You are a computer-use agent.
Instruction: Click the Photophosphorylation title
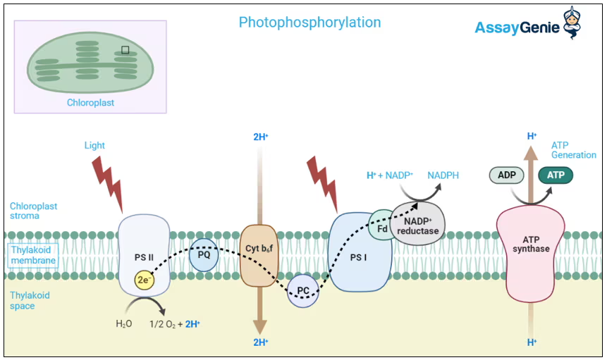[309, 23]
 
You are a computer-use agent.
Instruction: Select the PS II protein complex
[144, 254]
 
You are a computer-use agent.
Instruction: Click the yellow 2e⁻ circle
[145, 280]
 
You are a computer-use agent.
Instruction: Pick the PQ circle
[204, 255]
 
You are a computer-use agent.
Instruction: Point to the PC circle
[303, 290]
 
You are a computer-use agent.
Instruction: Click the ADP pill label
[506, 175]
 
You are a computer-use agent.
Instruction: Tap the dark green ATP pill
[556, 175]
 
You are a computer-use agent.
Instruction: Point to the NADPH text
[443, 175]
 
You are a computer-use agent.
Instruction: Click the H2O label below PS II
[124, 324]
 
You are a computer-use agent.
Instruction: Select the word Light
[94, 146]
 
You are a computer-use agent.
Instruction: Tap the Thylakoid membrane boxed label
[32, 255]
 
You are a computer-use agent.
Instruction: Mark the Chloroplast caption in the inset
[90, 103]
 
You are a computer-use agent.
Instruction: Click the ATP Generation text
[573, 150]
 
